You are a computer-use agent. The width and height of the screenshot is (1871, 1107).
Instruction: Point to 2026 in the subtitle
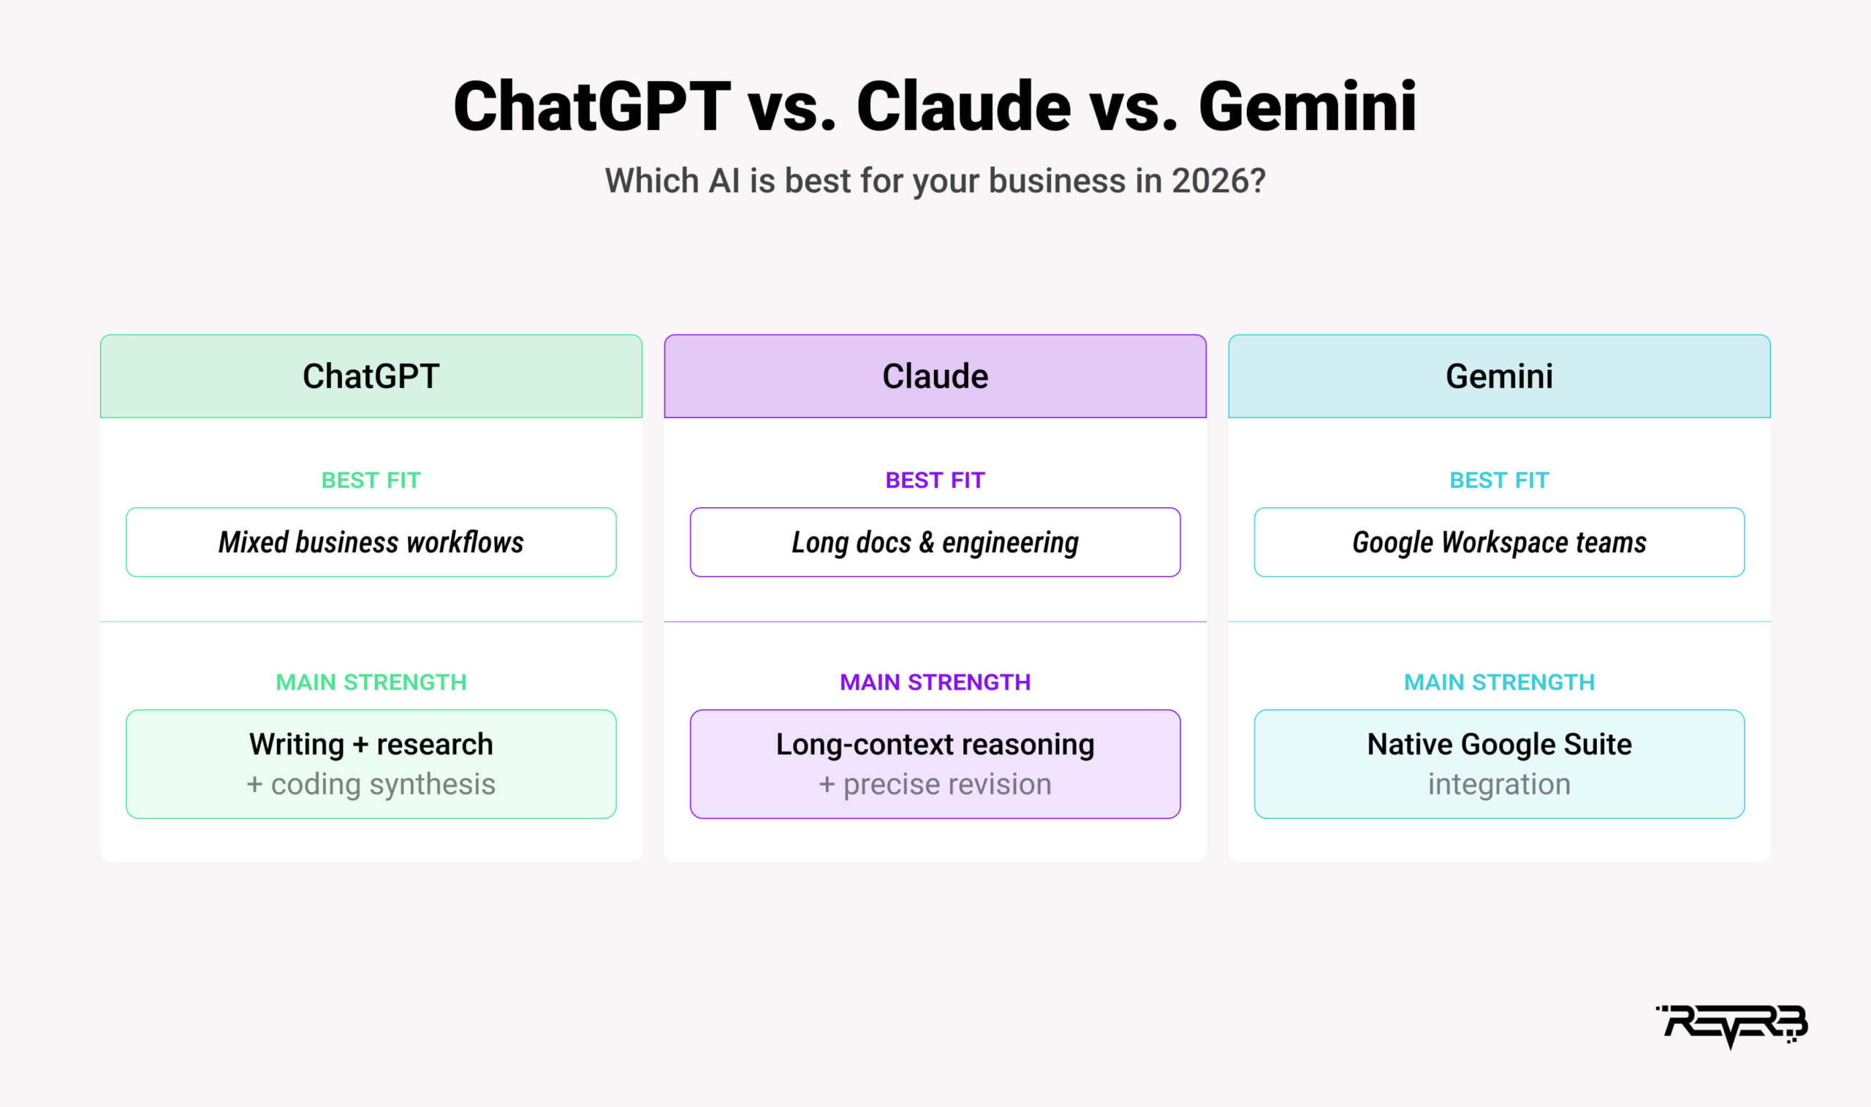click(1218, 180)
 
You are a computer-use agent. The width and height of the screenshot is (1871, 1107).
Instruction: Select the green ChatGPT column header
click(371, 376)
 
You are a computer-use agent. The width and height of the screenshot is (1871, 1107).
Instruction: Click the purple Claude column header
click(935, 376)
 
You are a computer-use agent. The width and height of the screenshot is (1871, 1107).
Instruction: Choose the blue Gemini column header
click(1499, 376)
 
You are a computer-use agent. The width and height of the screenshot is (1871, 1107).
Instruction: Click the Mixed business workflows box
click(371, 542)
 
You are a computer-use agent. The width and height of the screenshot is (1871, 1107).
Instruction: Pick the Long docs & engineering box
click(935, 542)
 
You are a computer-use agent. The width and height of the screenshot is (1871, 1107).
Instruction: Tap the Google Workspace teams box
click(1499, 542)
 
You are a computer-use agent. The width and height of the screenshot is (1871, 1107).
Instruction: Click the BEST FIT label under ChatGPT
click(371, 480)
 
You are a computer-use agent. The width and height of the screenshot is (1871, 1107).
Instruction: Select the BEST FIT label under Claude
click(935, 480)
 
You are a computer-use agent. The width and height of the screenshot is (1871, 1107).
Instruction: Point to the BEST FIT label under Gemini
click(1499, 480)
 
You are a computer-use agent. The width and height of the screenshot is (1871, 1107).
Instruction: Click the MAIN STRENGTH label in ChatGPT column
click(371, 682)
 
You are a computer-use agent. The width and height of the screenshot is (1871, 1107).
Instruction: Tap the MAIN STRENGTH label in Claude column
click(935, 682)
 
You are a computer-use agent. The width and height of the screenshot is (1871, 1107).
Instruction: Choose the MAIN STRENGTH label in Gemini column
click(1499, 682)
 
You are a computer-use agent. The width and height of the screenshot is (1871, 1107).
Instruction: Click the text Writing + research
click(371, 745)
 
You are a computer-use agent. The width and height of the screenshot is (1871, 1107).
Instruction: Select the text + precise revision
click(935, 785)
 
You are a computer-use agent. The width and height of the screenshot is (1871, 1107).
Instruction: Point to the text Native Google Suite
click(1499, 745)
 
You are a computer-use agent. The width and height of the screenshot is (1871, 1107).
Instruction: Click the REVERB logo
click(1731, 1027)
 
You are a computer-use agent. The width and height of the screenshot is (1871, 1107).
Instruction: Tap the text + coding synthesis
click(371, 785)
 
